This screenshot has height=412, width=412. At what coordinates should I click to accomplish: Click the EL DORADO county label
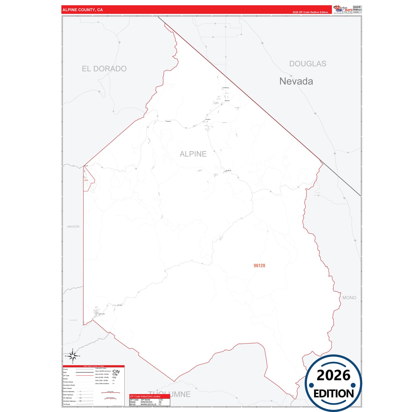[x=104, y=69]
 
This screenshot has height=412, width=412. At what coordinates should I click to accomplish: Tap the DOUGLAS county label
[x=308, y=64]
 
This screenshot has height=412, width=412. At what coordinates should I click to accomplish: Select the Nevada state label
[x=296, y=81]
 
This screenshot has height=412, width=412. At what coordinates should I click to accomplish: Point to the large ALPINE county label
[x=193, y=154]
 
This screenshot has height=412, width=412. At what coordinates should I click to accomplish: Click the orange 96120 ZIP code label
[x=259, y=266]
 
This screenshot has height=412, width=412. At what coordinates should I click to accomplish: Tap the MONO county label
[x=349, y=298]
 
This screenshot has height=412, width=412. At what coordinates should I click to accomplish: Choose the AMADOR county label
[x=73, y=227]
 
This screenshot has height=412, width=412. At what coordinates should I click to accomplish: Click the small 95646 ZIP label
[x=86, y=180]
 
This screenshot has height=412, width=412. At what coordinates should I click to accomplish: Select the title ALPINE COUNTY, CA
[x=83, y=10]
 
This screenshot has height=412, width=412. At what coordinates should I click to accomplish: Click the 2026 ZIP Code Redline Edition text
[x=310, y=12]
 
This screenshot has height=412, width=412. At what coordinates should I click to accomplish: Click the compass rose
[x=73, y=356]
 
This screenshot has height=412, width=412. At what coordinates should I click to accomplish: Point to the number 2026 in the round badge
[x=333, y=375]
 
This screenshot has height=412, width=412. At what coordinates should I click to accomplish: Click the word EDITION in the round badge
[x=334, y=394]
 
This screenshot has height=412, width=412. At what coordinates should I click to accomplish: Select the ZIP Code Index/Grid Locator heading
[x=145, y=396]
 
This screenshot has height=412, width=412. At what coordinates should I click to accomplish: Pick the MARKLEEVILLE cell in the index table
[x=148, y=404]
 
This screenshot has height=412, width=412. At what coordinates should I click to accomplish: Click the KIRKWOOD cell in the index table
[x=147, y=402]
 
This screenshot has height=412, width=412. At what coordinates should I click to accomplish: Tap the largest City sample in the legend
[x=116, y=371]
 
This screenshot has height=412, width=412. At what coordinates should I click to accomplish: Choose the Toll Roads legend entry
[x=66, y=404]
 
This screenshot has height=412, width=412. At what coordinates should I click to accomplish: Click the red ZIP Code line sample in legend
[x=85, y=376]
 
